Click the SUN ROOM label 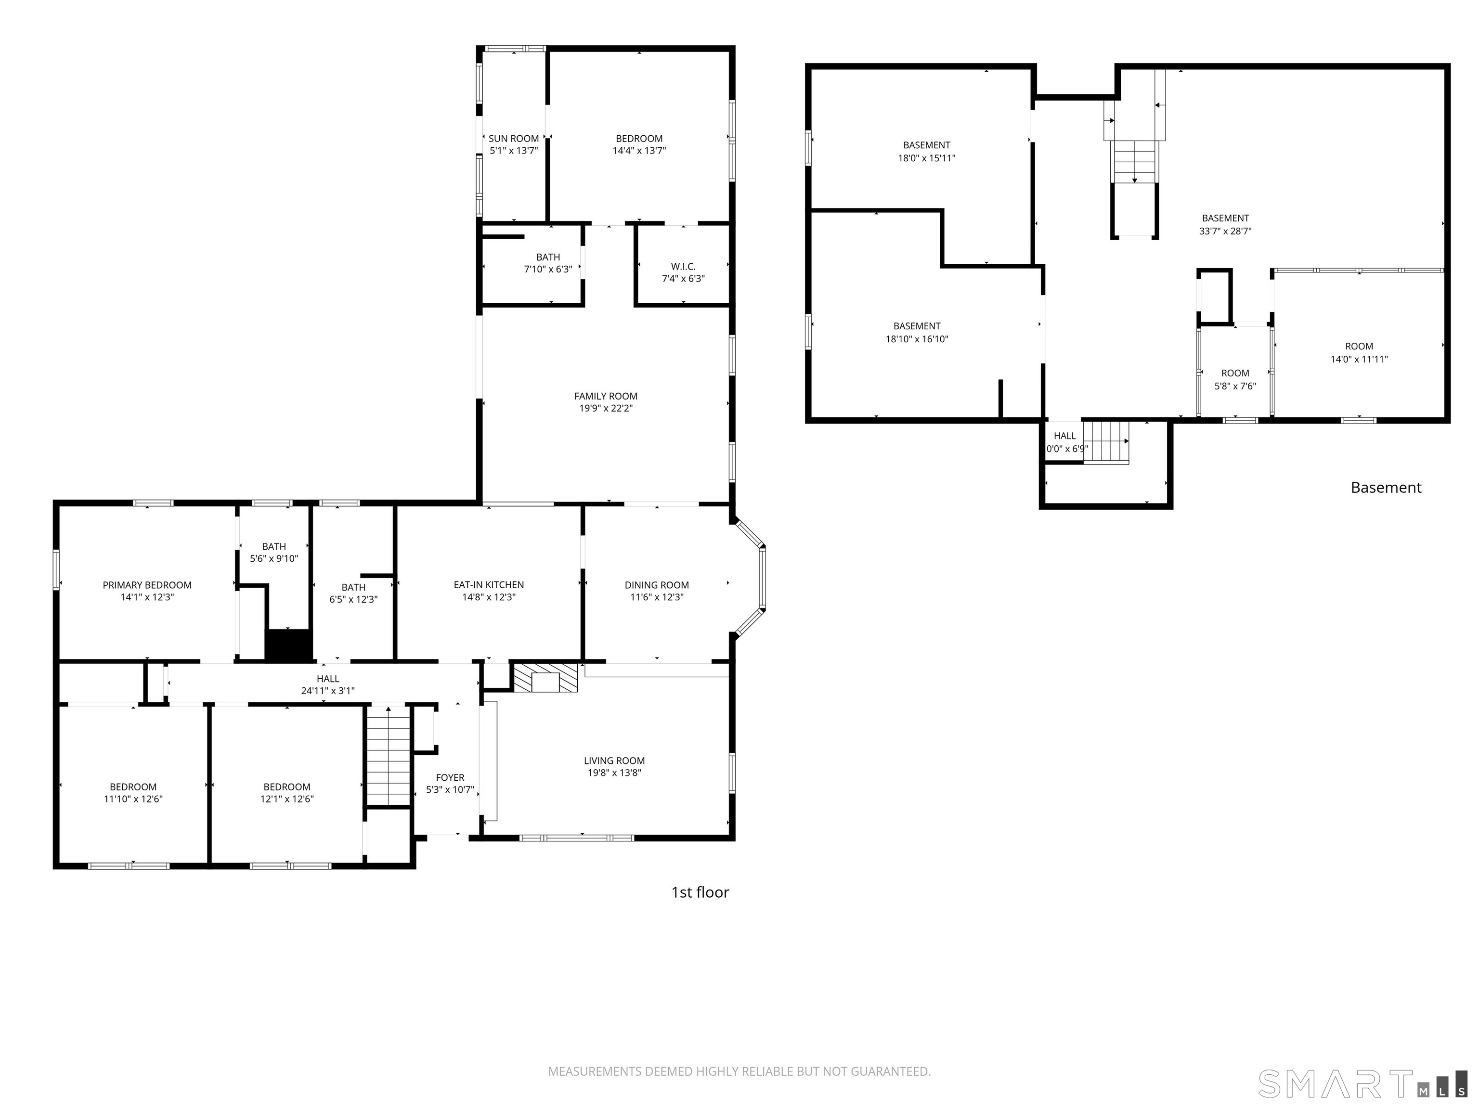(514, 138)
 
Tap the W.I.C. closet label (683, 267)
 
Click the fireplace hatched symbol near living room (545, 677)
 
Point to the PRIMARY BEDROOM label (147, 585)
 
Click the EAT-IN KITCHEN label (489, 585)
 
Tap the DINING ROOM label (657, 585)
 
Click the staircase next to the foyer (388, 755)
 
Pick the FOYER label (450, 777)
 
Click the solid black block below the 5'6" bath (289, 645)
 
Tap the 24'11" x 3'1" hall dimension (328, 691)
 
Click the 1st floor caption (700, 892)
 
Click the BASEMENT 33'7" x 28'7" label (1225, 219)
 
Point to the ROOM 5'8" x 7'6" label (1235, 374)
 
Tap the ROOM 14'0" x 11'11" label (1359, 346)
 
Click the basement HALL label (1064, 436)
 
